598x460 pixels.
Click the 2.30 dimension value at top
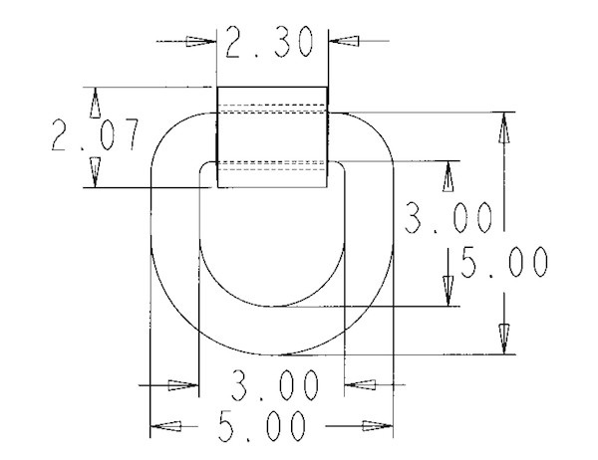(269, 42)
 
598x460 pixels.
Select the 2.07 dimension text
(96, 134)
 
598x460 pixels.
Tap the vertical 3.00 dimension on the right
(448, 218)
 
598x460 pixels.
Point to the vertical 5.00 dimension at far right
(504, 262)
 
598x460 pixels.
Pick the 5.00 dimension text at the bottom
(262, 426)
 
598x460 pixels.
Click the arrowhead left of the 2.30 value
(201, 41)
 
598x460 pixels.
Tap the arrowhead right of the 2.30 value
(344, 41)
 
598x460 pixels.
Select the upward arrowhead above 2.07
(96, 103)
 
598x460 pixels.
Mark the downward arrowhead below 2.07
(96, 172)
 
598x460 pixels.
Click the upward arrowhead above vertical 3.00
(448, 176)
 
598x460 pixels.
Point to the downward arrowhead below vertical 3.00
(448, 291)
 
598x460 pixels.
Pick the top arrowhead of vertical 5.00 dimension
(504, 127)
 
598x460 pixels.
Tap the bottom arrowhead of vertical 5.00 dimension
(504, 340)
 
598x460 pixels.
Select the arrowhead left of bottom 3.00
(183, 385)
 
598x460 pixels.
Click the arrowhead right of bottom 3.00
(360, 385)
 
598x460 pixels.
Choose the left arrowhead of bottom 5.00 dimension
(165, 426)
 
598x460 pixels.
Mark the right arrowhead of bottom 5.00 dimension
(378, 426)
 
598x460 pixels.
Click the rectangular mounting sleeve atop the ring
(272, 137)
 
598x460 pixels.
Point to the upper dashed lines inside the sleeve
(272, 109)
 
